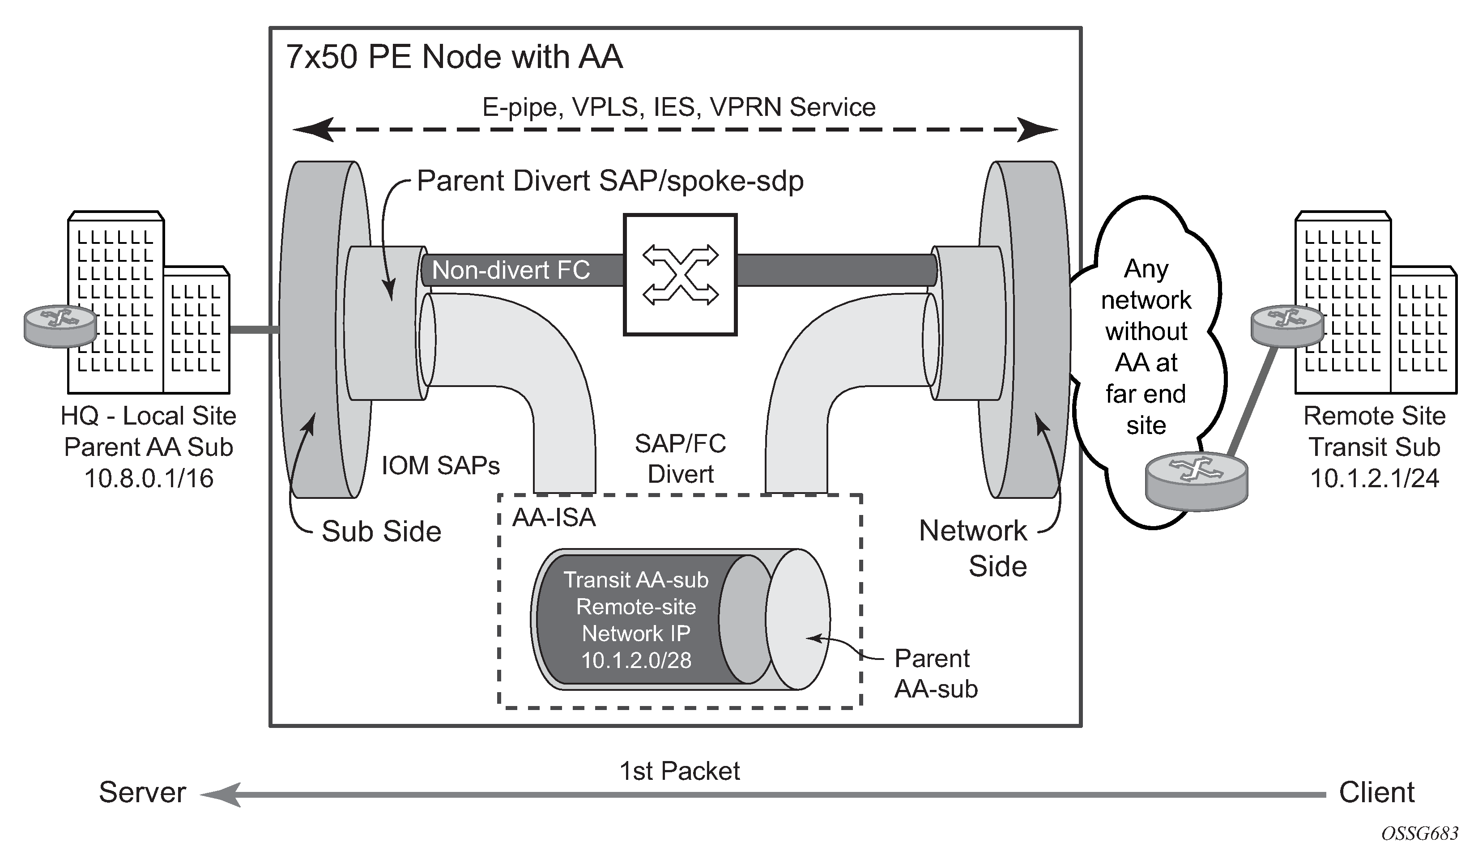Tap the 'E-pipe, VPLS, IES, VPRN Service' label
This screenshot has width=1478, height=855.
(678, 107)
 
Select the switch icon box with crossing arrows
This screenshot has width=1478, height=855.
(680, 274)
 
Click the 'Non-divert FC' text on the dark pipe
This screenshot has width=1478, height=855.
(510, 270)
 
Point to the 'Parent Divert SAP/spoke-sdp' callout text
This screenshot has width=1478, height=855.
(610, 181)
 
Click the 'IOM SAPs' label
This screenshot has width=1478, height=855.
(440, 466)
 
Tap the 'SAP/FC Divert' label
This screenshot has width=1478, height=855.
(680, 459)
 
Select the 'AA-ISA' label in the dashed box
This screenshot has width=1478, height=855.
(554, 517)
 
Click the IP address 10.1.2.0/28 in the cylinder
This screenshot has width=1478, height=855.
(636, 660)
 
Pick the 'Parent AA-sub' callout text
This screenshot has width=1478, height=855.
(936, 673)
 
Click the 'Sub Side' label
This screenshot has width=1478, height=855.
(381, 531)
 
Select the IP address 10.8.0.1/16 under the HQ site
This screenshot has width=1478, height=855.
(149, 479)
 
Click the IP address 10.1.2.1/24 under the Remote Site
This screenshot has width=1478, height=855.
(1374, 479)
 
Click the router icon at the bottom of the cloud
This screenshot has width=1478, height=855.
(1196, 479)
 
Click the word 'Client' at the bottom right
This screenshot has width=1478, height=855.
(1376, 792)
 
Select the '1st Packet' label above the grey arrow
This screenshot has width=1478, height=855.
(679, 770)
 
